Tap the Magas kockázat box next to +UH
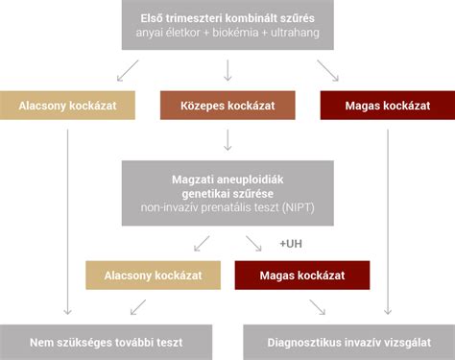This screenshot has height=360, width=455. pyautogui.click(x=302, y=276)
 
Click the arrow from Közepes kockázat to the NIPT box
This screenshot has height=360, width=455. pyautogui.click(x=227, y=140)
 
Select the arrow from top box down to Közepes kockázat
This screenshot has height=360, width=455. pyautogui.click(x=227, y=69)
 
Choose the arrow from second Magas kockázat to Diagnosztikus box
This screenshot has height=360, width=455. pyautogui.click(x=318, y=307)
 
